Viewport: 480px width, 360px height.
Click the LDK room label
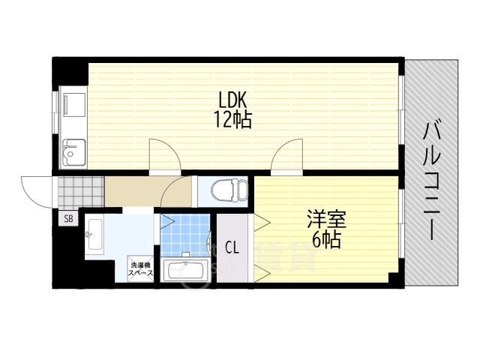(232, 100)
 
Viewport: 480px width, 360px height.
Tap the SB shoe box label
(68, 219)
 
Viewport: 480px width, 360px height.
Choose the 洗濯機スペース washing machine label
(142, 268)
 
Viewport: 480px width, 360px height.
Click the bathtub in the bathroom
(184, 271)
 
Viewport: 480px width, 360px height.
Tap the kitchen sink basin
(72, 154)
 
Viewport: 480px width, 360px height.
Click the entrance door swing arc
(34, 187)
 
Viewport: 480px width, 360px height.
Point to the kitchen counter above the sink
(72, 112)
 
